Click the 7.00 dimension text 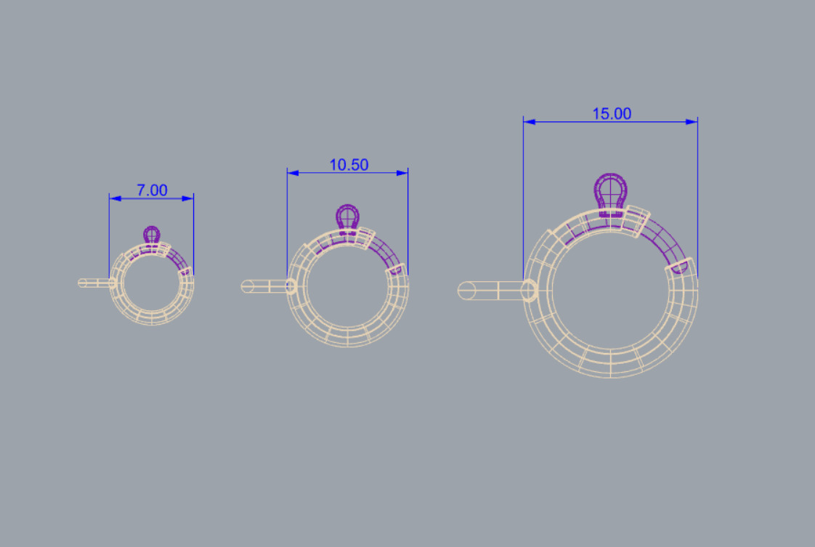point(152,190)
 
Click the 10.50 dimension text point(349,165)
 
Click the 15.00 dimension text point(611,113)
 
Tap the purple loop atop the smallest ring point(152,234)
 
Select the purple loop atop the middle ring point(348,216)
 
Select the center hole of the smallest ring point(152,283)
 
